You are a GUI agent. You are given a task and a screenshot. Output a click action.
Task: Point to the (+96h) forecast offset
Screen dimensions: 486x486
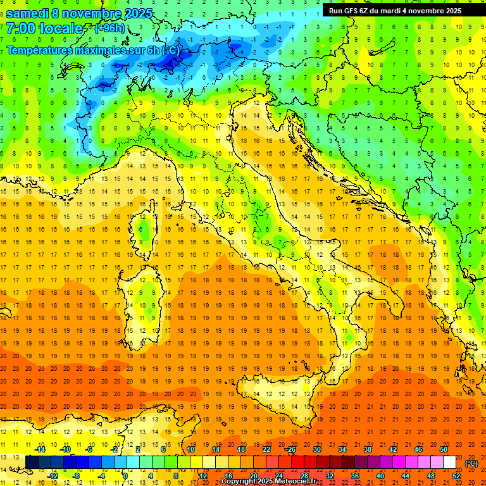(x=109, y=28)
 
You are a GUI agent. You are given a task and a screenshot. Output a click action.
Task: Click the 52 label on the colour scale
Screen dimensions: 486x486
(x=456, y=476)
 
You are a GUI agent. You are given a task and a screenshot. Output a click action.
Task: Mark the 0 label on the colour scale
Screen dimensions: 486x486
(x=126, y=476)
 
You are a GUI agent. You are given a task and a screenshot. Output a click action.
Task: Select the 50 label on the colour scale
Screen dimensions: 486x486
(x=444, y=449)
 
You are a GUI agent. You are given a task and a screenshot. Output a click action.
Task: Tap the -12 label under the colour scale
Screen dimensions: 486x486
(x=53, y=476)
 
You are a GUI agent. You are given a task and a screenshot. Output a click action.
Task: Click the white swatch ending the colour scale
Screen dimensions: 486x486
(x=450, y=463)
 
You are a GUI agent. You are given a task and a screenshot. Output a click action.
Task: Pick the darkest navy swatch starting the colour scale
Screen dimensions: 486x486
(x=32, y=463)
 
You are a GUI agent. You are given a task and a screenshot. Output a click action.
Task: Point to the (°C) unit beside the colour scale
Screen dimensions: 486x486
(x=471, y=463)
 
